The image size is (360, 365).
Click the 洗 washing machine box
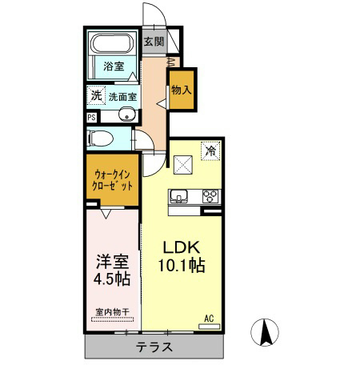(95, 95)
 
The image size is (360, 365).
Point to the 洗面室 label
(122, 96)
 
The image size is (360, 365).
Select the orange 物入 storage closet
(182, 90)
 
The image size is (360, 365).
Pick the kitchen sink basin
(177, 197)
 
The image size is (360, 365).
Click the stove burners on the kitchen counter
(210, 196)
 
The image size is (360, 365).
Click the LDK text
(181, 246)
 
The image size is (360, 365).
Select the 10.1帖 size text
(181, 265)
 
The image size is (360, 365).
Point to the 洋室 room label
(111, 261)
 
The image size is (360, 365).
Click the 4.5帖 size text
(111, 280)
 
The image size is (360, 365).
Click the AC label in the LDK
(208, 319)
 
